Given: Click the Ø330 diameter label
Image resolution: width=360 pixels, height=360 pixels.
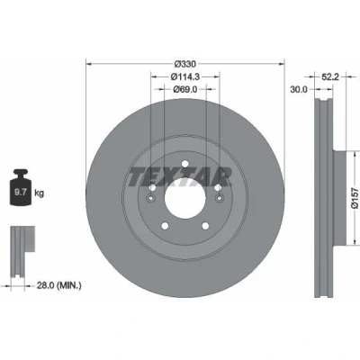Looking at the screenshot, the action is coord(185,64).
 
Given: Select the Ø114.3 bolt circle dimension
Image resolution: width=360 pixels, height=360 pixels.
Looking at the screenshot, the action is coord(185,76).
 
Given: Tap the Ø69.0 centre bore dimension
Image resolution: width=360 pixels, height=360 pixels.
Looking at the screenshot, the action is coord(185,89).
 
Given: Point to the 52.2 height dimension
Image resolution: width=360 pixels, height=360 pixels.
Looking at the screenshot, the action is coord(330,77).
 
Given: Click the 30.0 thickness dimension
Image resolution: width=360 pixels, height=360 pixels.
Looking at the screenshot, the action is coord(299,89).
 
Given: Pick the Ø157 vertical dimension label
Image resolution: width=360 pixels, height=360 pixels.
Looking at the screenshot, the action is coord(355,198).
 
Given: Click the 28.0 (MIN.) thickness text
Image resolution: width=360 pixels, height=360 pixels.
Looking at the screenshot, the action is coord(58,285).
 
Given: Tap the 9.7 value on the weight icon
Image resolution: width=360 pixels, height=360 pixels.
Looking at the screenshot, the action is coord(21,193).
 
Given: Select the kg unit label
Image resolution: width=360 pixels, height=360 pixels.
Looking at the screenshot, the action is coord(39,193).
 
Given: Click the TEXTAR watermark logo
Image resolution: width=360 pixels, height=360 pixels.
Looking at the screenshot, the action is coord(179,177).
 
